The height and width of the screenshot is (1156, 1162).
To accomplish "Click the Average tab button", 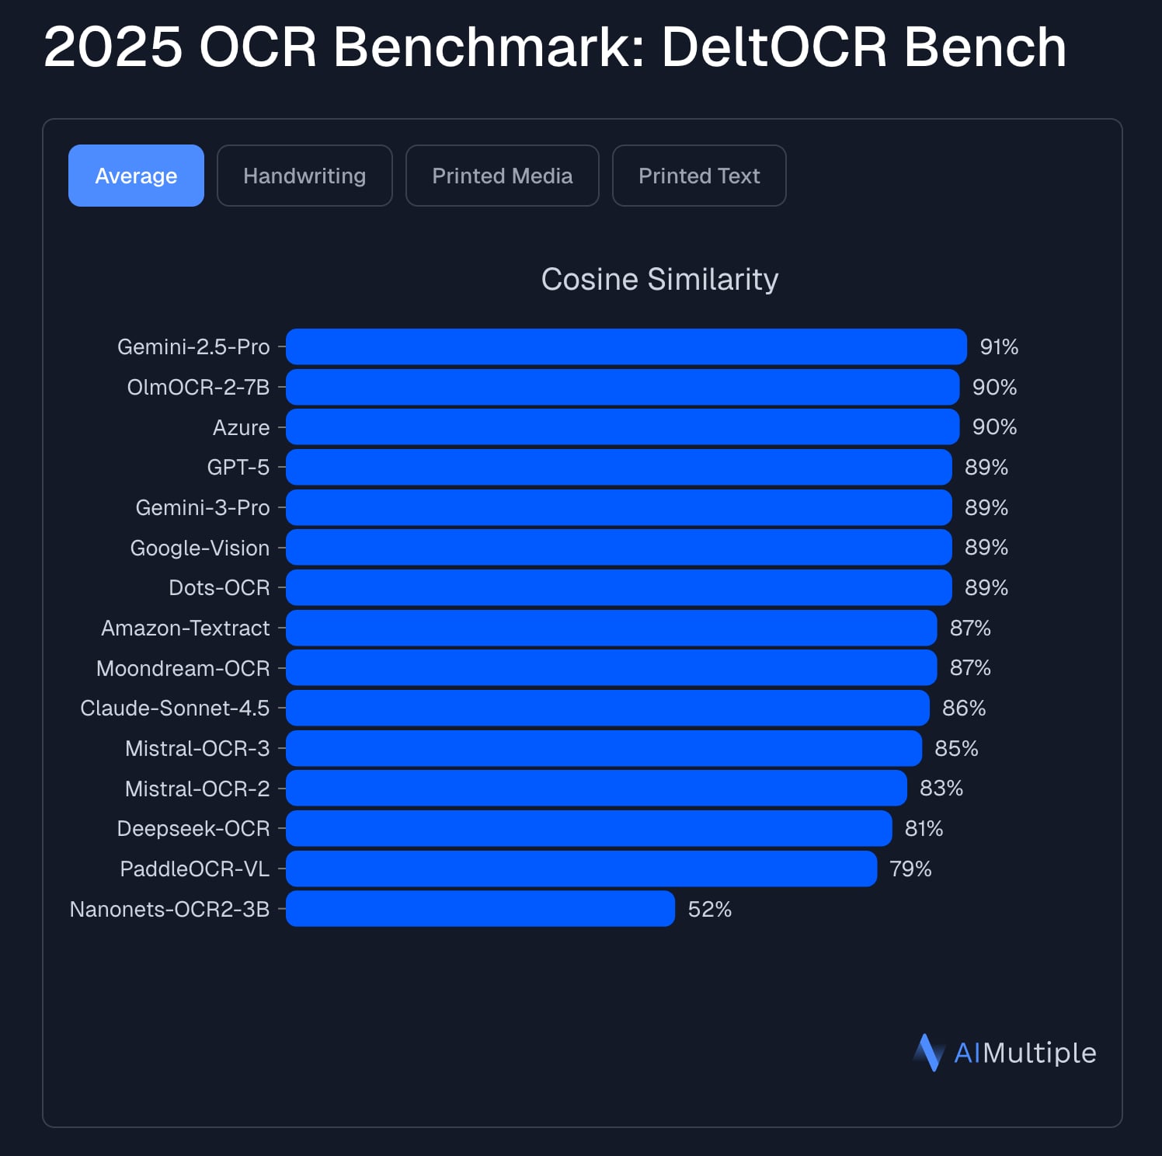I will [136, 176].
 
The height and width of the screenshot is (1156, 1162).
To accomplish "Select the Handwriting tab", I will [304, 176].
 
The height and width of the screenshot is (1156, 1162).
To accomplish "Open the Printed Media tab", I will [502, 176].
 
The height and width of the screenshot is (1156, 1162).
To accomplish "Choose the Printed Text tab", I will [699, 176].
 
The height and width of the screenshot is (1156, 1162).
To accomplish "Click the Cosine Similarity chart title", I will [659, 280].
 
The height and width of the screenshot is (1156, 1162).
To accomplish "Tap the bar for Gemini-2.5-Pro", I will [626, 346].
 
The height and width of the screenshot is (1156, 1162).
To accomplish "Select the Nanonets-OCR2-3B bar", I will [480, 909].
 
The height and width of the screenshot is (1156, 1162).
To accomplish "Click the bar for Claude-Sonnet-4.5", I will [607, 708].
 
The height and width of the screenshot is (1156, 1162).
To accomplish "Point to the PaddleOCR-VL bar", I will [581, 869].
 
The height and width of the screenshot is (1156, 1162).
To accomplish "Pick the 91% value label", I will [999, 346].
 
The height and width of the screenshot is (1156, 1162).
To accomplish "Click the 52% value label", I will [710, 909].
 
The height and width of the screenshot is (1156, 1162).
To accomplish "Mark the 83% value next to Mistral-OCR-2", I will [941, 789].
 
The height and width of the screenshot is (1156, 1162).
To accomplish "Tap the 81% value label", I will [924, 829].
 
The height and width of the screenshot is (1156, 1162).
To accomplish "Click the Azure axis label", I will [241, 427].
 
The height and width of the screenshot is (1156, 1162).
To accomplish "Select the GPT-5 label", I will [238, 467].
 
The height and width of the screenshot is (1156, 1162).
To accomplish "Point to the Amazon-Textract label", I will [186, 628].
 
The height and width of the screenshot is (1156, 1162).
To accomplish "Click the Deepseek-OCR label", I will [193, 829].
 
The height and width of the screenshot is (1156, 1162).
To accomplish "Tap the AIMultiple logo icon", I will [928, 1053].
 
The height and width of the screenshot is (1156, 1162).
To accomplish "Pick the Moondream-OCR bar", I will [611, 668].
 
